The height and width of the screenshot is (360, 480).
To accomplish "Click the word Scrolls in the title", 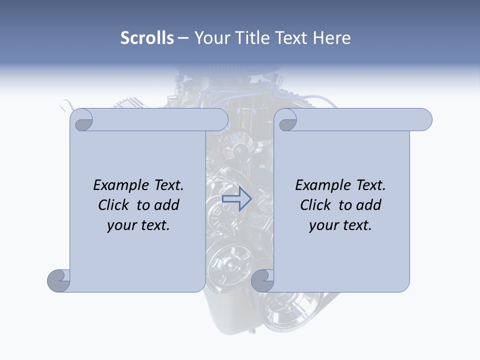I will [147, 38].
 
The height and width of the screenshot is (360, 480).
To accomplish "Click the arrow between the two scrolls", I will [237, 199].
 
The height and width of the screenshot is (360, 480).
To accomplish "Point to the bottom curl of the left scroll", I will [59, 280].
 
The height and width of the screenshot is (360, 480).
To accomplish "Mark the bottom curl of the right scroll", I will [262, 280].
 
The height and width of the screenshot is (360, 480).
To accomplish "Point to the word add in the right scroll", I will [369, 205].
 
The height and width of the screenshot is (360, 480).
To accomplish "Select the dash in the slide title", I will [183, 38].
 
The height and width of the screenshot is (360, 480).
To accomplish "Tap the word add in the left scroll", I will [167, 205].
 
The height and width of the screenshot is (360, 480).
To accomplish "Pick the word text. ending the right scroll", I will [356, 225].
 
